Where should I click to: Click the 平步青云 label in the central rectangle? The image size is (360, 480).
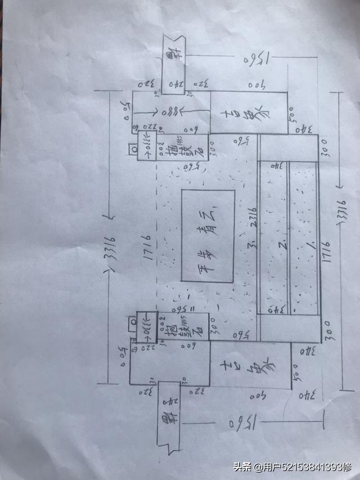(x=208, y=237)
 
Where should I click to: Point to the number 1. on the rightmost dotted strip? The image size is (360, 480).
(x=308, y=245)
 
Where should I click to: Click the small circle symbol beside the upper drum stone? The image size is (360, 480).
(x=134, y=149)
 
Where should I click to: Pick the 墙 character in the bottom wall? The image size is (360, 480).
(x=168, y=419)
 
